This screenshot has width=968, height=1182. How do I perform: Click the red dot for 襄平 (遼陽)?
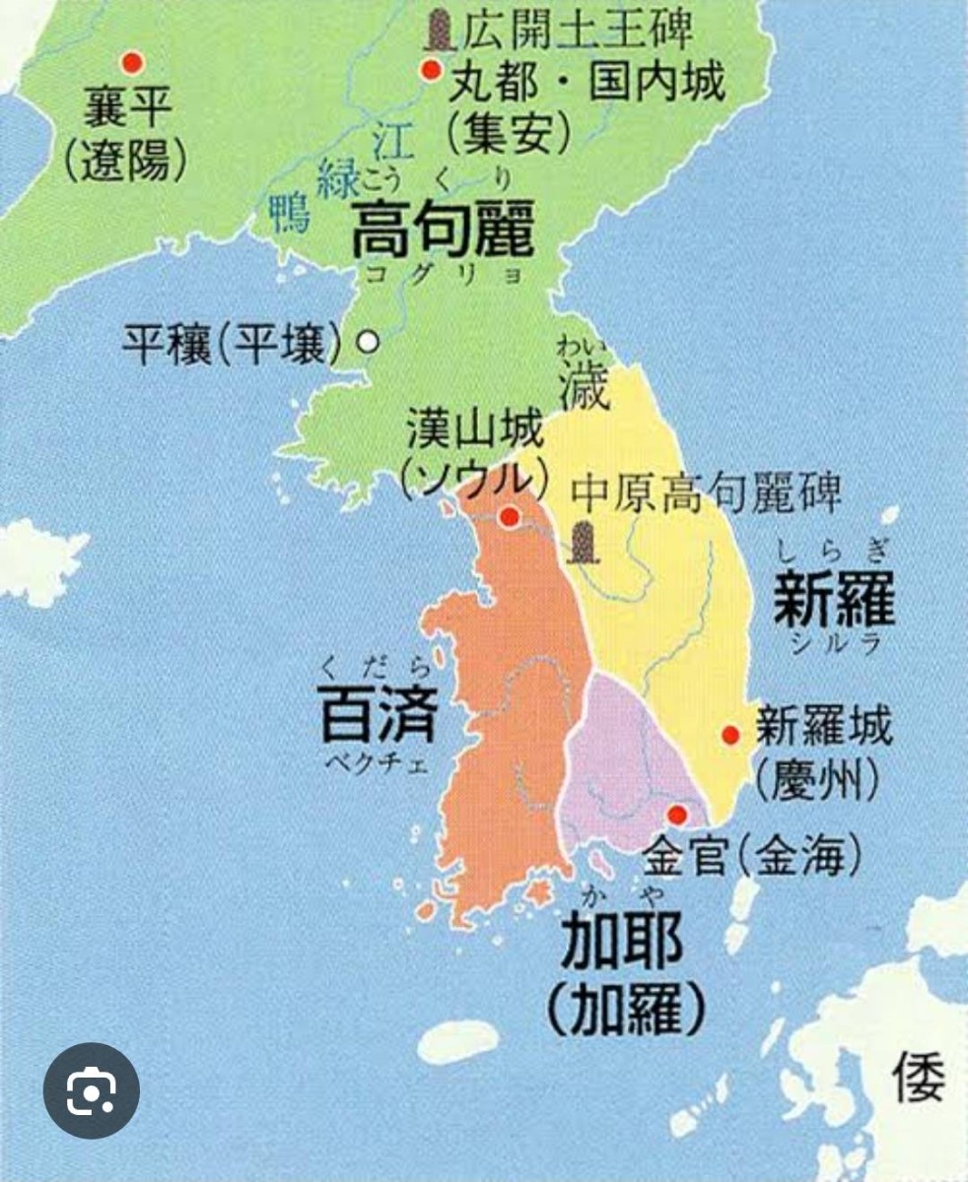(x=130, y=63)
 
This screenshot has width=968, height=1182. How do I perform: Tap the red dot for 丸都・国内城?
(x=430, y=70)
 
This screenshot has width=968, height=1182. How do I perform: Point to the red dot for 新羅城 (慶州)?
(x=730, y=734)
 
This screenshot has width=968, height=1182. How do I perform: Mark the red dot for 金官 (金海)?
(x=677, y=815)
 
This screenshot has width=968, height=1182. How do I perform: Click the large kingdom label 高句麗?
(x=444, y=229)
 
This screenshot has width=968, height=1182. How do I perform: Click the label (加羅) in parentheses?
(x=626, y=1006)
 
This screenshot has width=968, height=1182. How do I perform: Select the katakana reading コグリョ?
(x=445, y=275)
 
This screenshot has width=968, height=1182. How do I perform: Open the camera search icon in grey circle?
(x=92, y=1090)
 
